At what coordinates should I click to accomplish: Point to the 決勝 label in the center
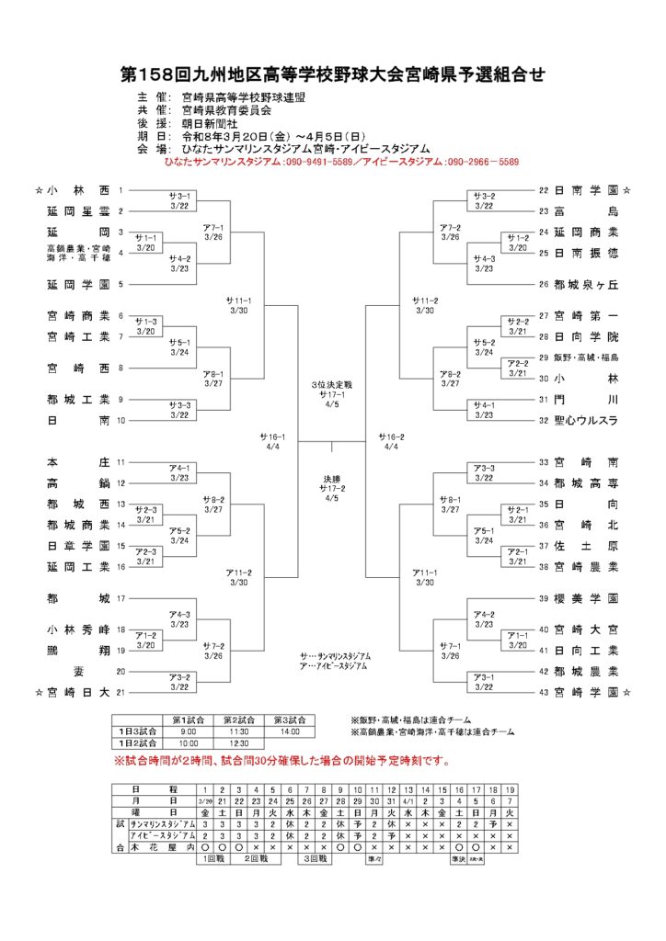point(331,478)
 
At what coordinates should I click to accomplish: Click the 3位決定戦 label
point(331,383)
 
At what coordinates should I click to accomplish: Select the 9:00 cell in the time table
point(188,731)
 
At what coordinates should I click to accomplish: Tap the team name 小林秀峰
point(78,629)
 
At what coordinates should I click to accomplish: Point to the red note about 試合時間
point(281,762)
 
